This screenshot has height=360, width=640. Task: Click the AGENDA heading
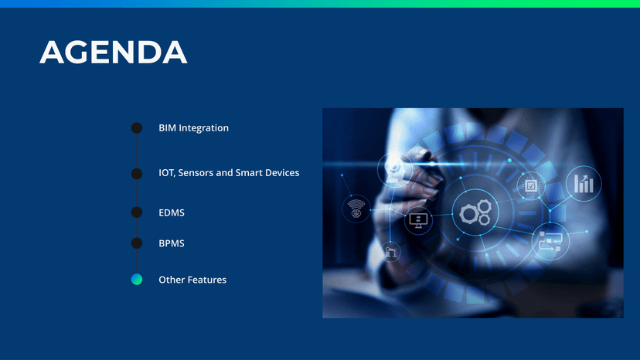113,52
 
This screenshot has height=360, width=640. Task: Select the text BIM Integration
193,128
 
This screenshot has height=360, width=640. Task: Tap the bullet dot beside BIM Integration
137,127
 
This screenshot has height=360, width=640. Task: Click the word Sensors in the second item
196,172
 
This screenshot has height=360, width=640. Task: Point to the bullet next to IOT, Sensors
137,174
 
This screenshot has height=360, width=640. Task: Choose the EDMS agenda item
172,212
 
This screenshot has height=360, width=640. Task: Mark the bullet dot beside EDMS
137,212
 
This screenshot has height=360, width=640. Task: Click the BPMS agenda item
172,243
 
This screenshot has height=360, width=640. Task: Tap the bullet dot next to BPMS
137,243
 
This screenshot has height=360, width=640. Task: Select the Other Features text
192,280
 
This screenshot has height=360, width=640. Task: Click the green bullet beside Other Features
137,279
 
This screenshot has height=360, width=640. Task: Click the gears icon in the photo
476,212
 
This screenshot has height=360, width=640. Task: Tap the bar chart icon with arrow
584,184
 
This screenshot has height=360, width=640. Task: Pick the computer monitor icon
418,221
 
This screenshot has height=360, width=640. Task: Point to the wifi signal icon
356,209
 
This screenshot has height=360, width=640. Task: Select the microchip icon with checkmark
530,185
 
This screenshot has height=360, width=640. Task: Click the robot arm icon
390,251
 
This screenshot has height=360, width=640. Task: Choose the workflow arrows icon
550,242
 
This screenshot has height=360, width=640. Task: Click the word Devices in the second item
282,172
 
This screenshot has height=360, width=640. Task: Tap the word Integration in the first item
204,128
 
